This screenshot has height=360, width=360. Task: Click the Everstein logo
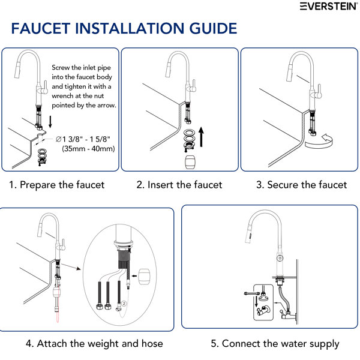coord(329,6)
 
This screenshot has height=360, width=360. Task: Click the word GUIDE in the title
coord(213,28)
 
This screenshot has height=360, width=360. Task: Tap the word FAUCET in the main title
coord(41,28)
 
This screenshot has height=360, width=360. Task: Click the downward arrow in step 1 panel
coord(50,122)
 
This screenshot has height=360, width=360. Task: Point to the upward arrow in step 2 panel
coord(201,137)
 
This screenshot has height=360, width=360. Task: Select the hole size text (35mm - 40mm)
coord(88,149)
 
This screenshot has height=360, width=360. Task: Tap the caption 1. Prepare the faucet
coord(57,185)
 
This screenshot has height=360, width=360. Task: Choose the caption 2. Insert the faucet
coord(179,185)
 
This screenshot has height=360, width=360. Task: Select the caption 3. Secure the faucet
coord(301,185)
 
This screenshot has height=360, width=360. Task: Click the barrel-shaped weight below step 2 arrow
coord(191,162)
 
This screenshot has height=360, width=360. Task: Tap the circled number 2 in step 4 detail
coord(124,304)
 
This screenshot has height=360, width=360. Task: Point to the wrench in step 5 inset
coord(252,293)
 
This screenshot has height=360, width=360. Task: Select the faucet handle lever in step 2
coord(193,86)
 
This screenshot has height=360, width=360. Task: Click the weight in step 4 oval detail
coord(144,277)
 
